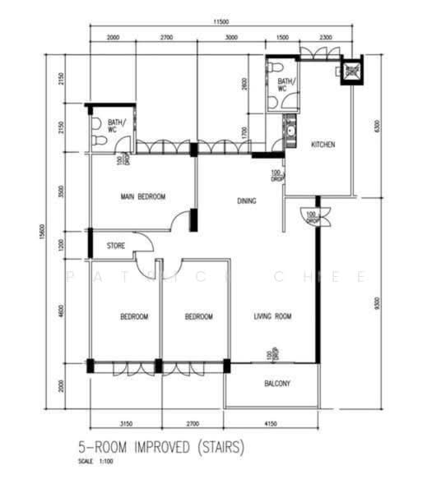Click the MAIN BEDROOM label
tap(143, 196)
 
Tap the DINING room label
tap(246, 200)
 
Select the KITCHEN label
tap(323, 145)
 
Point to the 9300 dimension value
tap(377, 302)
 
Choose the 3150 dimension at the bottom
tap(126, 424)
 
